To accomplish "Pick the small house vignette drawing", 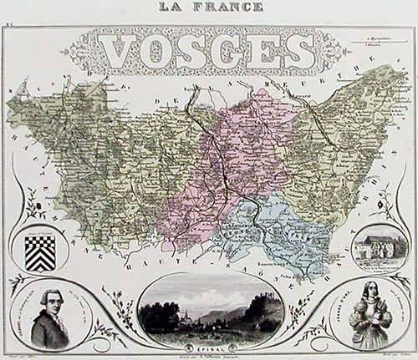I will (377, 248).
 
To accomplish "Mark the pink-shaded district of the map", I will (226, 159).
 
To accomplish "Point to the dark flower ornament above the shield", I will (42, 199).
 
